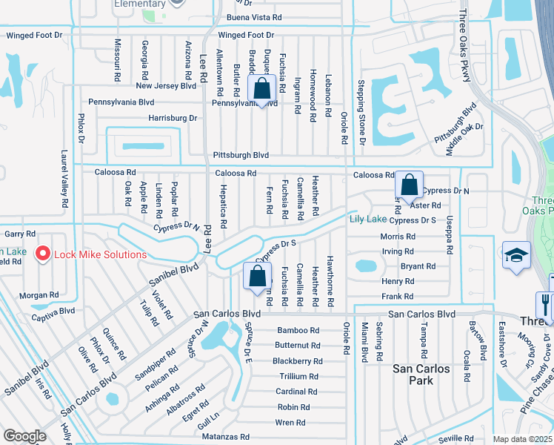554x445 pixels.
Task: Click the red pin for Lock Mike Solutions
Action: pos(42,253)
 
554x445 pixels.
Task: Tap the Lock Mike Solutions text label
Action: pos(99,254)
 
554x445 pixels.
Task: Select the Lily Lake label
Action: pos(367,219)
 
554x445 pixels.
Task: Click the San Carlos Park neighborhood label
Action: pos(421,374)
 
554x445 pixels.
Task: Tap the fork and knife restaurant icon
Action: pos(544,303)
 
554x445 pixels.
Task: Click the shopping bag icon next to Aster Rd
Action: pos(409,185)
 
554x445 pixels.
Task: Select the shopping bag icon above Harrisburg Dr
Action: pos(262,89)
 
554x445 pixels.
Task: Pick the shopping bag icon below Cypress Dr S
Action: pos(256,277)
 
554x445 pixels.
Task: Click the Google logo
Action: pos(24,435)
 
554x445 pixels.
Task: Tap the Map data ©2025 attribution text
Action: pos(522,439)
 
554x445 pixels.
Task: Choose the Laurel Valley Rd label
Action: pos(64,179)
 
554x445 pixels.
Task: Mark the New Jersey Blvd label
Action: pos(166,86)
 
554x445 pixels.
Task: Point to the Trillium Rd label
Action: pos(298,377)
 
